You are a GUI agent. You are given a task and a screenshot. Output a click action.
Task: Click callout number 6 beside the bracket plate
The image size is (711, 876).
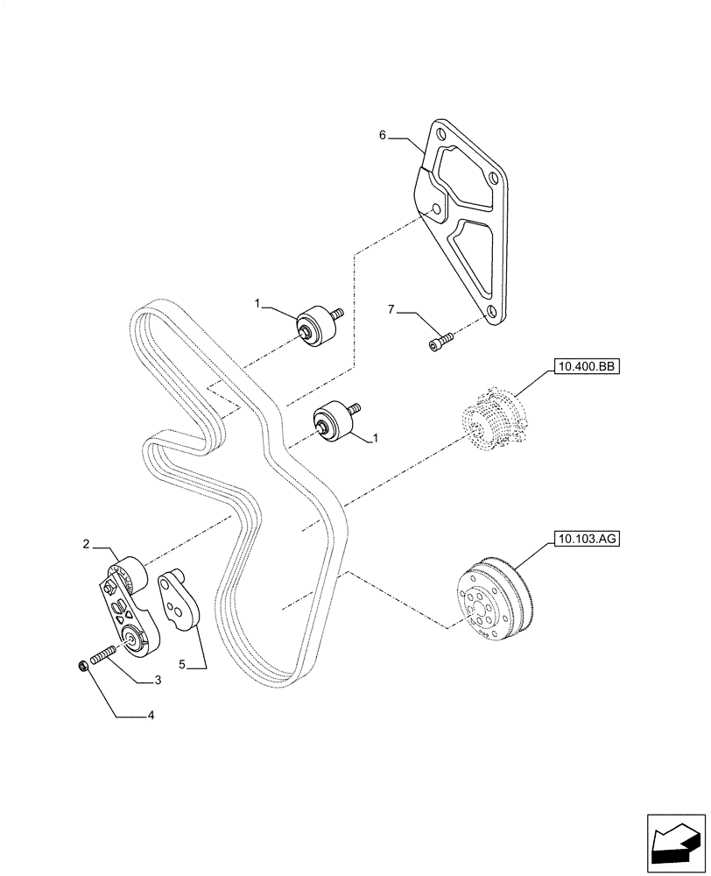click(383, 136)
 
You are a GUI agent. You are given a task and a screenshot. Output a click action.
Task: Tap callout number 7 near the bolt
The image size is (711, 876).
click(392, 308)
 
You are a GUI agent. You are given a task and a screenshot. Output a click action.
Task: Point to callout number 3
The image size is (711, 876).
click(158, 679)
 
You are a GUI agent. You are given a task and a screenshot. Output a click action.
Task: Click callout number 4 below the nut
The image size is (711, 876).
click(151, 716)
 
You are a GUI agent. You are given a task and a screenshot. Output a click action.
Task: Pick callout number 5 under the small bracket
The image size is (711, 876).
click(183, 666)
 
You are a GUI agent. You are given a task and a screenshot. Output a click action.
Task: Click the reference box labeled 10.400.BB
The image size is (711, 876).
click(586, 368)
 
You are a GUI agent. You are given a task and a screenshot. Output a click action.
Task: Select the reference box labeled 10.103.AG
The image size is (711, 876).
click(586, 540)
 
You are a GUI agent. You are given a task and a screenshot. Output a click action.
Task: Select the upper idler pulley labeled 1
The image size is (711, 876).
click(317, 328)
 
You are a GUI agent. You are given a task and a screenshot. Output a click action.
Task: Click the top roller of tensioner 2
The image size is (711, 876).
click(130, 574)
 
